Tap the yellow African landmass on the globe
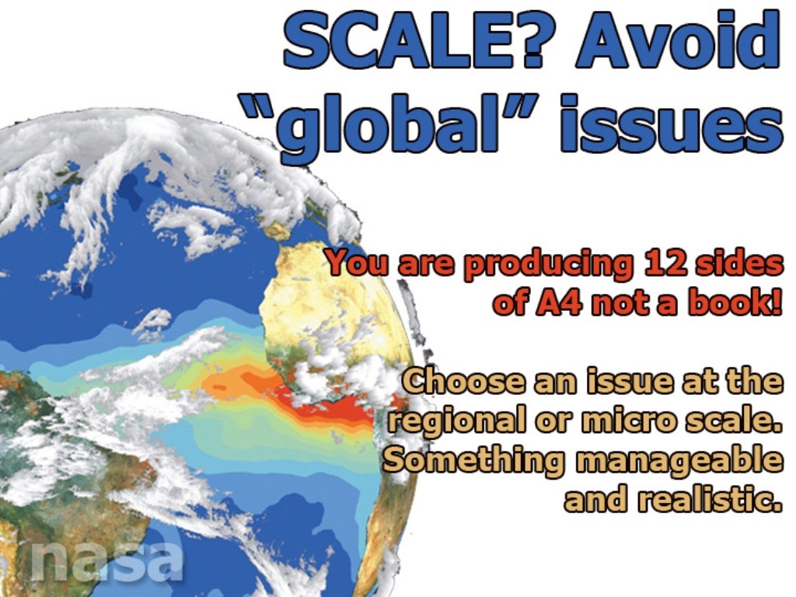tap(326, 295)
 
